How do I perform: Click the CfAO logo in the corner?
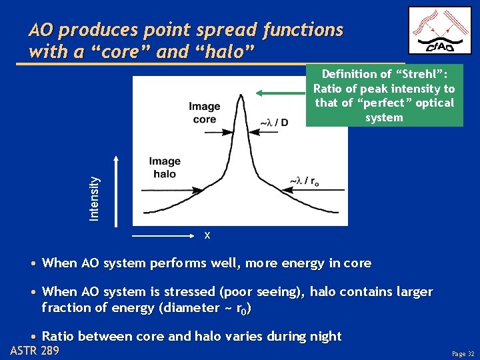(439, 31)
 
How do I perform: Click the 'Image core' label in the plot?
(204, 113)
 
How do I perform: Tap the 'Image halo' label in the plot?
(165, 167)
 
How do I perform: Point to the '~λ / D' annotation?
(273, 123)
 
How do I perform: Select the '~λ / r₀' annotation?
(303, 181)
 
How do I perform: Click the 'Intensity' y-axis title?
(95, 198)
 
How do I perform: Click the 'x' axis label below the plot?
(207, 235)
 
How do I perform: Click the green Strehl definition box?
(384, 95)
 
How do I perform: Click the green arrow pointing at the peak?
(280, 93)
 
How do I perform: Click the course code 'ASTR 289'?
(35, 351)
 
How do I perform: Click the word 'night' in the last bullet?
(323, 336)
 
